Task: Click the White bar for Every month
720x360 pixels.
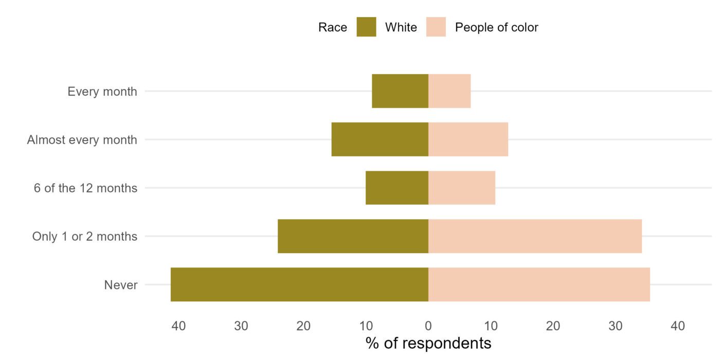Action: point(400,91)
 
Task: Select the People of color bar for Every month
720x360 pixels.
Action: point(449,91)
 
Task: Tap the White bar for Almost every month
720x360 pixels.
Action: point(380,139)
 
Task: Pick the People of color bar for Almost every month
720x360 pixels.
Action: point(468,139)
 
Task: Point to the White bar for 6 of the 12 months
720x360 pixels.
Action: point(397,188)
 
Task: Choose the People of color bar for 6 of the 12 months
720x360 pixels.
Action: point(462,188)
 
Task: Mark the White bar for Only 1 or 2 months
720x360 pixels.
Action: point(353,236)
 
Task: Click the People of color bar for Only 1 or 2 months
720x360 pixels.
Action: point(535,236)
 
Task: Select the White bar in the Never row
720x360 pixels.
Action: point(299,284)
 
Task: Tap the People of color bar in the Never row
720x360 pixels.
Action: point(539,284)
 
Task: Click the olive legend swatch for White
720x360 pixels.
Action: point(366,27)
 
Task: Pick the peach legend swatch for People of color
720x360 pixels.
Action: point(436,27)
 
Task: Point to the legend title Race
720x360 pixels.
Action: point(333,27)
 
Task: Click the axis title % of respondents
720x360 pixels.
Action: point(428,343)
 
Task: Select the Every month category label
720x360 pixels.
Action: point(102,92)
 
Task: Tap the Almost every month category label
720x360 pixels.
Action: point(82,140)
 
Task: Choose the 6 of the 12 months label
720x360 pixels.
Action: point(86,188)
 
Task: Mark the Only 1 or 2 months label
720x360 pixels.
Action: point(85,237)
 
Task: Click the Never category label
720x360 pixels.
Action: point(121,285)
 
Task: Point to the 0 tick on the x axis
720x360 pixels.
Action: point(428,326)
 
